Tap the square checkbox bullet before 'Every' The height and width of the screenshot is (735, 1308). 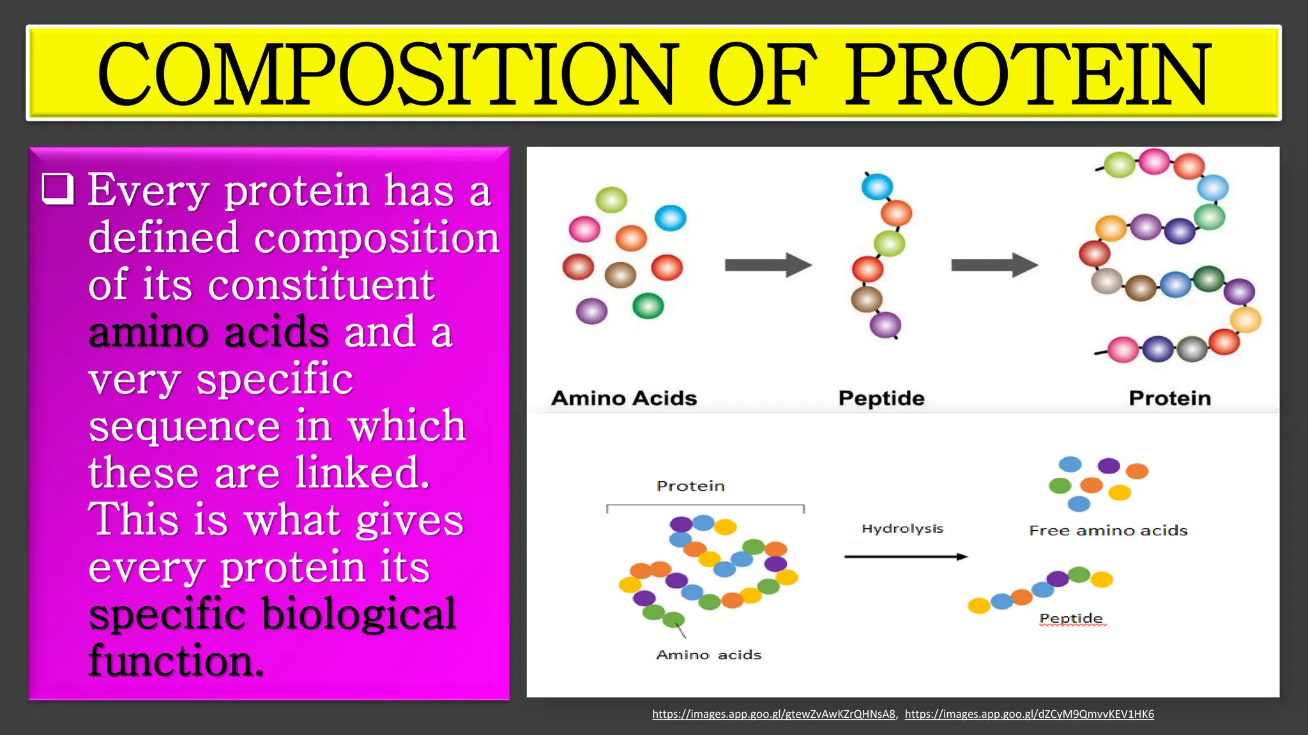click(x=58, y=189)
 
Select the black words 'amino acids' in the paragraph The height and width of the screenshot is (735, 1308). click(x=209, y=332)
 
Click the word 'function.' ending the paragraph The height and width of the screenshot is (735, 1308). click(x=176, y=661)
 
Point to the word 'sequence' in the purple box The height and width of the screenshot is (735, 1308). click(x=184, y=426)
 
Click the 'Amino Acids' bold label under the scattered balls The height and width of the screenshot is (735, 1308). click(x=624, y=398)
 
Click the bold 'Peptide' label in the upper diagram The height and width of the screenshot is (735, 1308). click(x=881, y=398)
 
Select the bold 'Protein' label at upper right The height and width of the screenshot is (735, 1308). click(x=1169, y=398)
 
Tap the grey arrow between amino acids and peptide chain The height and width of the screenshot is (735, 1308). click(x=768, y=265)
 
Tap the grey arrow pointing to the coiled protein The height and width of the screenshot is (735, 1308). click(x=994, y=265)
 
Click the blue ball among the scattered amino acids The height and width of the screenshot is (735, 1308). click(x=671, y=218)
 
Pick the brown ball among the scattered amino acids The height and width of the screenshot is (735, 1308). click(x=620, y=275)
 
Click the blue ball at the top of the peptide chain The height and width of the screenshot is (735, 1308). click(x=877, y=187)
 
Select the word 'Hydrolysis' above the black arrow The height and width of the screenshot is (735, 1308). click(x=902, y=529)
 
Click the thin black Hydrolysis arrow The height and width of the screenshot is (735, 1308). click(x=905, y=557)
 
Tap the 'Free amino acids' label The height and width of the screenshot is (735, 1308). click(x=1108, y=531)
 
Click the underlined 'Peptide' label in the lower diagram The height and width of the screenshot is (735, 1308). click(x=1071, y=618)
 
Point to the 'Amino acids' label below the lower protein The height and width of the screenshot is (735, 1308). click(x=708, y=655)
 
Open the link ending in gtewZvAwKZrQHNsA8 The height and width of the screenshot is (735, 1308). click(x=773, y=714)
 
